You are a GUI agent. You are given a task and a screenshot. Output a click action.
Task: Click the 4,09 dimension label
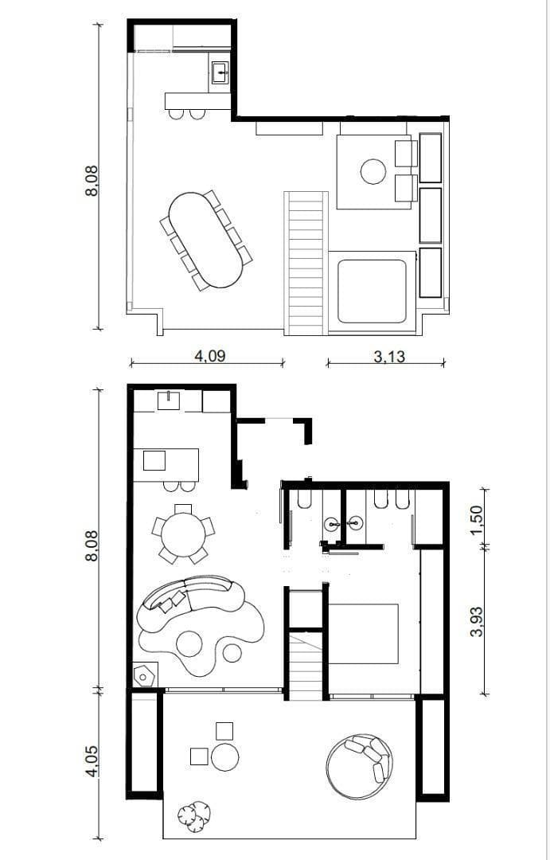point(210,356)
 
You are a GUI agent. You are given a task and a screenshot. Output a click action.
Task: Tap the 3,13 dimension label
point(389,357)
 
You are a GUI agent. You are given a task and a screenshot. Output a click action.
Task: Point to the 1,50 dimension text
point(477,516)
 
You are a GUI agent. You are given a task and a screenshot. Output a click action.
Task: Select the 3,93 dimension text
point(477,621)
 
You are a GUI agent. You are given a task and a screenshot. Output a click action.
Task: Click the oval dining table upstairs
point(205,240)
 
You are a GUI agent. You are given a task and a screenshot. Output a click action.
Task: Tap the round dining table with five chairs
point(182,534)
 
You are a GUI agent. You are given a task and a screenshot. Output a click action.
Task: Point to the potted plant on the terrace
point(194,816)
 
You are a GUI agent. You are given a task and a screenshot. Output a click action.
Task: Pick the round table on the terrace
point(224,757)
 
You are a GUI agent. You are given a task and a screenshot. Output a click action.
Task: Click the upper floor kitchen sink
point(220,72)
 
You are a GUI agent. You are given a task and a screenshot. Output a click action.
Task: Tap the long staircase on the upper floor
point(306,264)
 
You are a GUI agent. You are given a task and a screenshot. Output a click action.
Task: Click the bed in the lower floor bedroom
point(364,634)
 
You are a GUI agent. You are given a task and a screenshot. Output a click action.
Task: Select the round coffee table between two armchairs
point(373,172)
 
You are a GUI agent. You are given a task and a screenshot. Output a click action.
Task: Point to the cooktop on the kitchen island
point(154,461)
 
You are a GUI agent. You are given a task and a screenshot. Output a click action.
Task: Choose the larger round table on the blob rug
point(189,644)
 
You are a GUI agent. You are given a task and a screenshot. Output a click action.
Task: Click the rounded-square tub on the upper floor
point(372,291)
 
